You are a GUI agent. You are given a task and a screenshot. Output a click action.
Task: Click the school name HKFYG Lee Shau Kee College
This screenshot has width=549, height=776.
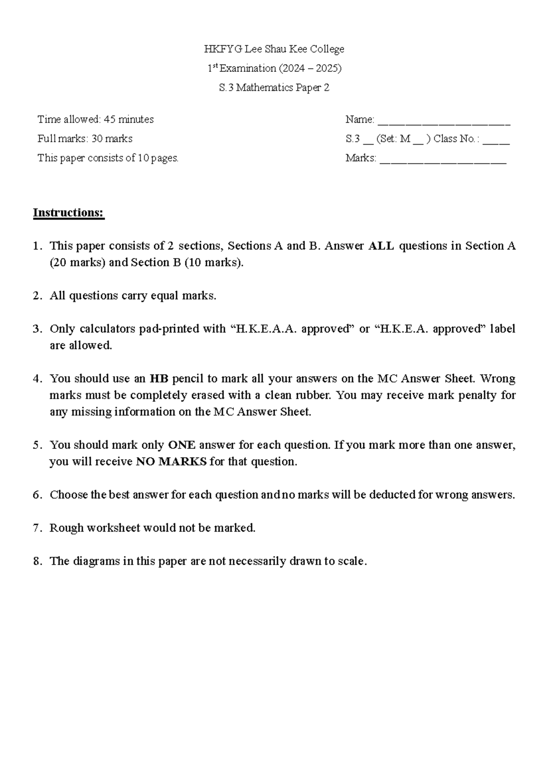pyautogui.click(x=274, y=49)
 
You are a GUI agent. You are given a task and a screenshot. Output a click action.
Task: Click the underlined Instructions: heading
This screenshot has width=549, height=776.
pyautogui.click(x=69, y=213)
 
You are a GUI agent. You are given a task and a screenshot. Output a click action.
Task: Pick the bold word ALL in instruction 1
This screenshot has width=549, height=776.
pyautogui.click(x=381, y=246)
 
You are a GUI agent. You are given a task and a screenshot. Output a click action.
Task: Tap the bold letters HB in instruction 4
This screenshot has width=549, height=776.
pyautogui.click(x=159, y=379)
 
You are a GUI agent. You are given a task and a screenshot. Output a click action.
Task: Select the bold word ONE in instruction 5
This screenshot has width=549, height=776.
pyautogui.click(x=182, y=445)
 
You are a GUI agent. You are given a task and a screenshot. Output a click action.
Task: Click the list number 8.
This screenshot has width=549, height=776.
pyautogui.click(x=37, y=561)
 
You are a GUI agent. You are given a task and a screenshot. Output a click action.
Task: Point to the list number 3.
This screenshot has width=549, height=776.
pyautogui.click(x=37, y=329)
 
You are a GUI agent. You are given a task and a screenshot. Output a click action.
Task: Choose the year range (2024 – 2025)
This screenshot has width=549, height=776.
pyautogui.click(x=309, y=69)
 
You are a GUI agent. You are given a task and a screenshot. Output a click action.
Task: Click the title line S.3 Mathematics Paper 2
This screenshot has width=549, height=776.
pyautogui.click(x=274, y=88)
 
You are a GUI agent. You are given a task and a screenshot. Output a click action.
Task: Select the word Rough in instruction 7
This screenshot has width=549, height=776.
pyautogui.click(x=66, y=528)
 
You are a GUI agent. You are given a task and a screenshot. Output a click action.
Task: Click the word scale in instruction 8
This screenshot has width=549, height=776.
pyautogui.click(x=351, y=561)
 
